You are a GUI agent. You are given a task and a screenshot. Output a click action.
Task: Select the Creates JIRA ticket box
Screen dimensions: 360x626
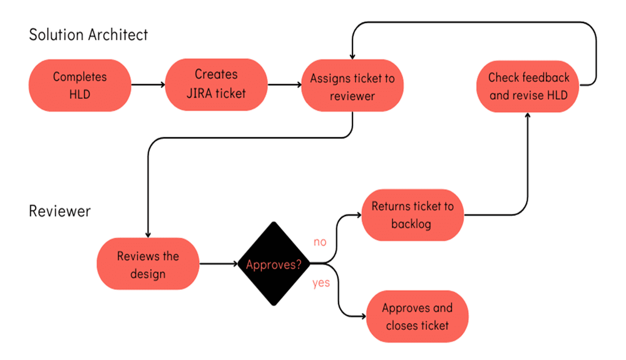pyautogui.click(x=216, y=85)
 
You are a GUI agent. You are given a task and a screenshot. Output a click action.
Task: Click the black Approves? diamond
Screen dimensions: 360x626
pyautogui.click(x=273, y=265)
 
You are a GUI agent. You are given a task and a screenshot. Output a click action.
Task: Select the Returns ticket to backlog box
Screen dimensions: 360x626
pyautogui.click(x=413, y=215)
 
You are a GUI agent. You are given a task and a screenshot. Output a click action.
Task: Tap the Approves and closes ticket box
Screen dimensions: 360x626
pyautogui.click(x=417, y=316)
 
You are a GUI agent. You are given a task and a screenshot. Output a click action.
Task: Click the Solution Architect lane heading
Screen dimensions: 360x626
pyautogui.click(x=88, y=34)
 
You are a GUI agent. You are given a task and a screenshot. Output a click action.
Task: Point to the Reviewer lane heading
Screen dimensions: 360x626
pyautogui.click(x=59, y=210)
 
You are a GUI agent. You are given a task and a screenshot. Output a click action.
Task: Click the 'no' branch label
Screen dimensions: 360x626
pyautogui.click(x=320, y=242)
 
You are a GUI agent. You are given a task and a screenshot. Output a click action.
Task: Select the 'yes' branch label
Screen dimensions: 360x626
pyautogui.click(x=321, y=283)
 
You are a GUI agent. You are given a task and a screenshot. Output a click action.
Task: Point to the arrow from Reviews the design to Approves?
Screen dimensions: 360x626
pyautogui.click(x=218, y=264)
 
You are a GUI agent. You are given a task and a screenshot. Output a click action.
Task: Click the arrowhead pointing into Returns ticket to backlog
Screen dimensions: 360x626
pyautogui.click(x=359, y=215)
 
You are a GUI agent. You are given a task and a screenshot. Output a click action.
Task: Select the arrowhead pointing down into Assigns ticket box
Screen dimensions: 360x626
pyautogui.click(x=352, y=55)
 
